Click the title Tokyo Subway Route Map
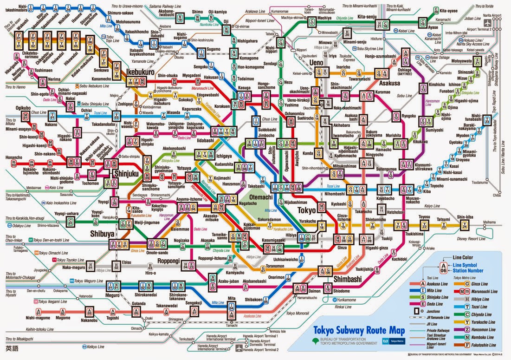point(359,331)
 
